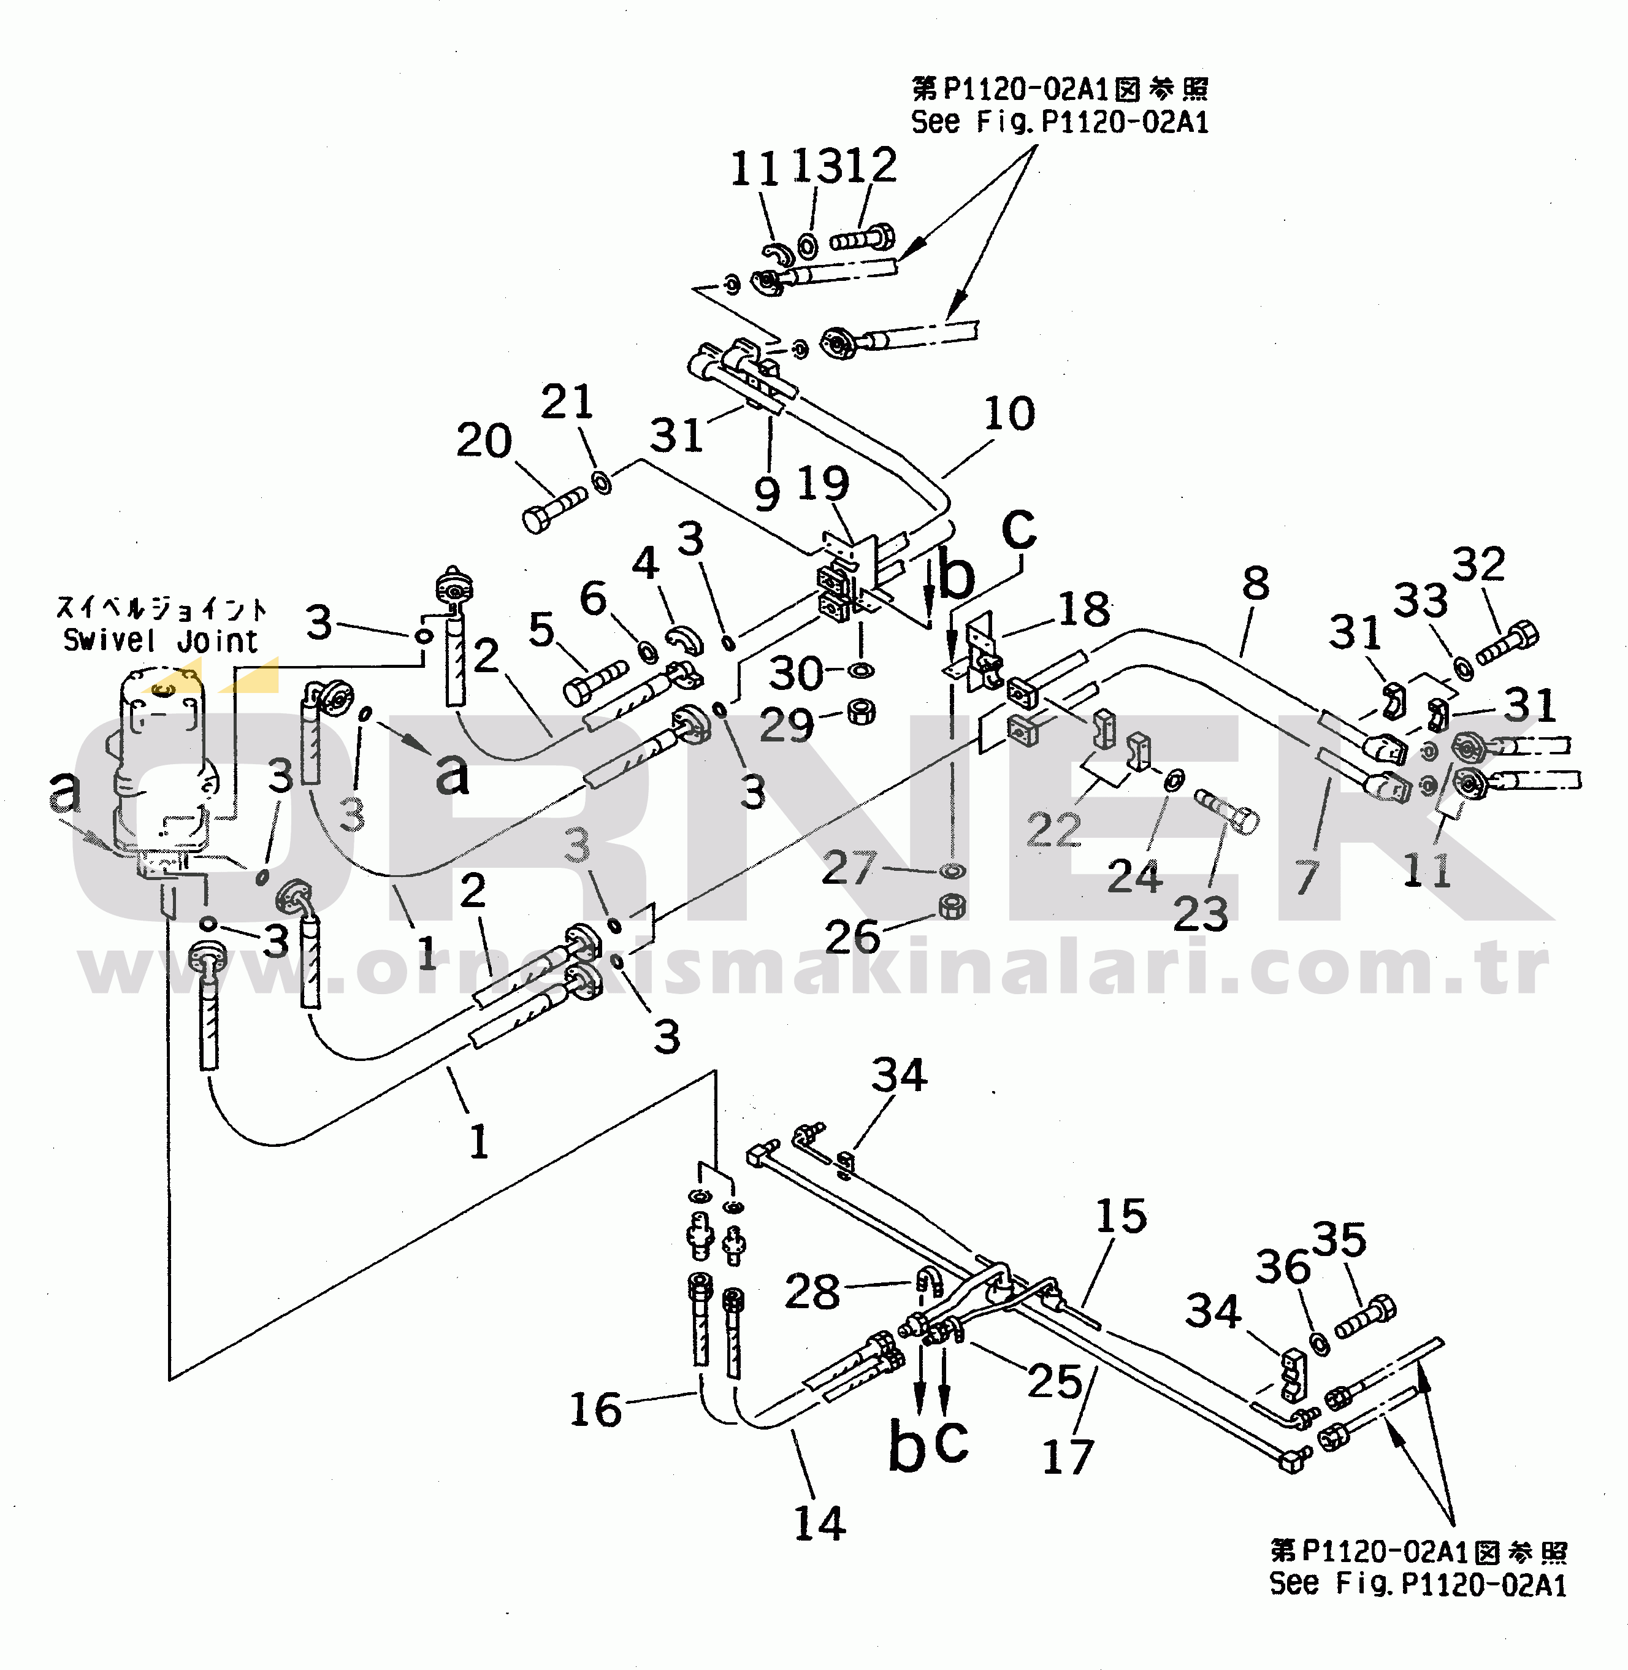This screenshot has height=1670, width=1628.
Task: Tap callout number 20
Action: tap(483, 441)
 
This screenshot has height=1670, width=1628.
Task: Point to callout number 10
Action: tap(1009, 414)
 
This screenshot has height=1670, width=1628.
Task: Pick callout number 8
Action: tap(1255, 584)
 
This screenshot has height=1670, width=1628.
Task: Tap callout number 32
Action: tap(1478, 564)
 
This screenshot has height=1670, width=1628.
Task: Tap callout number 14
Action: tap(819, 1524)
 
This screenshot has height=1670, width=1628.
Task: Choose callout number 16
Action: tap(595, 1409)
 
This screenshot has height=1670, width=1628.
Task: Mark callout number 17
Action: tap(1068, 1457)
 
